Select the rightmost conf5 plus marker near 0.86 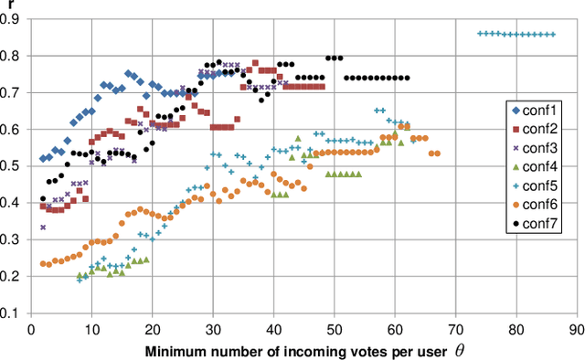pos(552,35)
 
